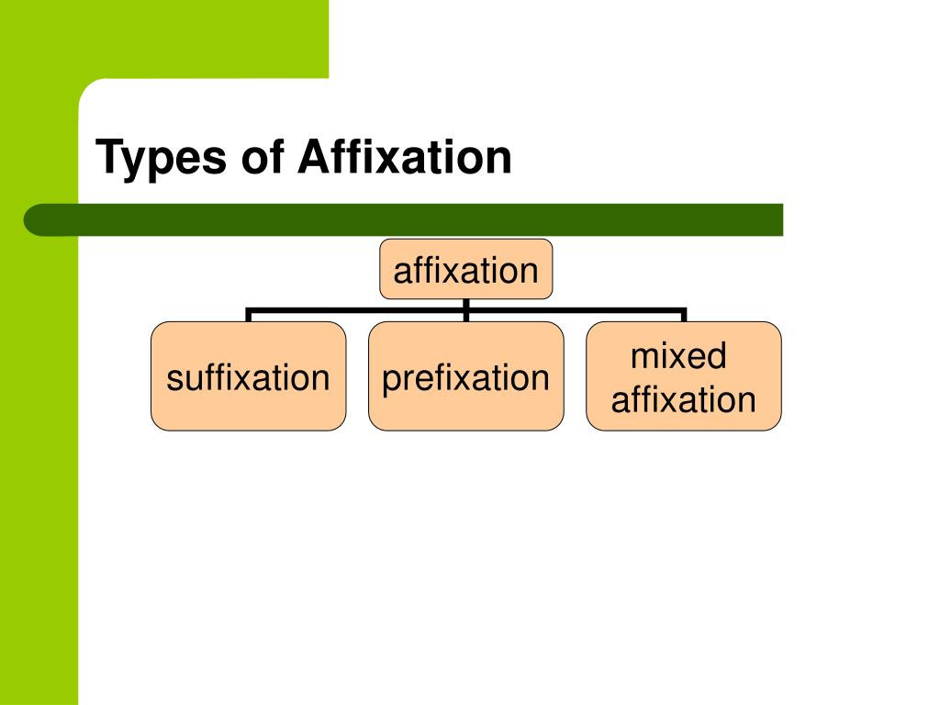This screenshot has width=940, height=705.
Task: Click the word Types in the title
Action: coord(161,158)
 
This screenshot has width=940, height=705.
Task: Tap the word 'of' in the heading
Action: coord(262,157)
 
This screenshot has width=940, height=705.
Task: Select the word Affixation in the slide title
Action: coord(405,157)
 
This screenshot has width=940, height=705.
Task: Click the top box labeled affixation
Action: coord(465,269)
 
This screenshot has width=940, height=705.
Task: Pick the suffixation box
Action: coord(248,375)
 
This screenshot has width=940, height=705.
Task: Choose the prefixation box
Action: coord(465,375)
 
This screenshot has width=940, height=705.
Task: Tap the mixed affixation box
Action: coord(683,375)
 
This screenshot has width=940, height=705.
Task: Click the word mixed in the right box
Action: coord(678,355)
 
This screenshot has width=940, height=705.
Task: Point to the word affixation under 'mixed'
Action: coord(683,399)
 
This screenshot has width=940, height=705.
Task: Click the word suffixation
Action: coord(248,377)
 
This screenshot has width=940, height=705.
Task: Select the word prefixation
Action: coord(465,379)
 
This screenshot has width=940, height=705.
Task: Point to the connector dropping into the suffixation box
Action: coord(248,315)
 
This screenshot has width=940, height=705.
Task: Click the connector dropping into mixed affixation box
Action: coord(683,315)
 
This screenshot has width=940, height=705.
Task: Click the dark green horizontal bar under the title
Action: coord(403,219)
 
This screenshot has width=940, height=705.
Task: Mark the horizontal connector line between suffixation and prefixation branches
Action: coord(357,310)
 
